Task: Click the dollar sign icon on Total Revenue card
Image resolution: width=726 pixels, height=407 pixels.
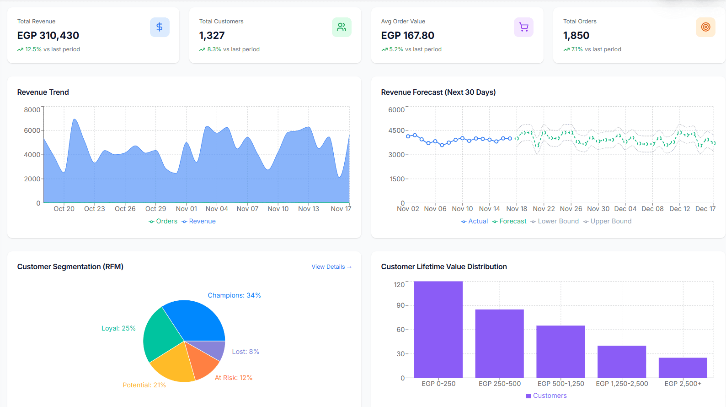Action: pyautogui.click(x=160, y=27)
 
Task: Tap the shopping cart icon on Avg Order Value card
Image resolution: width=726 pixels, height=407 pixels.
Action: pyautogui.click(x=523, y=27)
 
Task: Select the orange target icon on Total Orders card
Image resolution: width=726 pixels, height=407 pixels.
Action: pyautogui.click(x=705, y=27)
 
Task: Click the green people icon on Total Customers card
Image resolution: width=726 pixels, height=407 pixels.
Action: pyautogui.click(x=342, y=27)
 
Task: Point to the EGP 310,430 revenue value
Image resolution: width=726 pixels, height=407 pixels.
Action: pyautogui.click(x=48, y=35)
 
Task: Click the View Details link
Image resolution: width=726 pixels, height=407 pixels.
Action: pyautogui.click(x=331, y=267)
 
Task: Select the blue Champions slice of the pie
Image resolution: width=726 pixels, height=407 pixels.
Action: pyautogui.click(x=197, y=320)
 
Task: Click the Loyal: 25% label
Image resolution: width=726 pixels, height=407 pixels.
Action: pyautogui.click(x=118, y=328)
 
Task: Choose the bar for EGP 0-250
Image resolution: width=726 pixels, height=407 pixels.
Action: pyautogui.click(x=438, y=330)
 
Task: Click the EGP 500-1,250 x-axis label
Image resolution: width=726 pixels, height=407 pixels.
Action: pyautogui.click(x=561, y=384)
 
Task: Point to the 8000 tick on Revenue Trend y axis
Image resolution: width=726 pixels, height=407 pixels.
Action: pyautogui.click(x=32, y=110)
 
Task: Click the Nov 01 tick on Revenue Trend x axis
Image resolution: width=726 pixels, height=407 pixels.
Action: pyautogui.click(x=187, y=209)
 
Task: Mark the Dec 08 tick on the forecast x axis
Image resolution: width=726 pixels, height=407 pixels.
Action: pyautogui.click(x=652, y=209)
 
